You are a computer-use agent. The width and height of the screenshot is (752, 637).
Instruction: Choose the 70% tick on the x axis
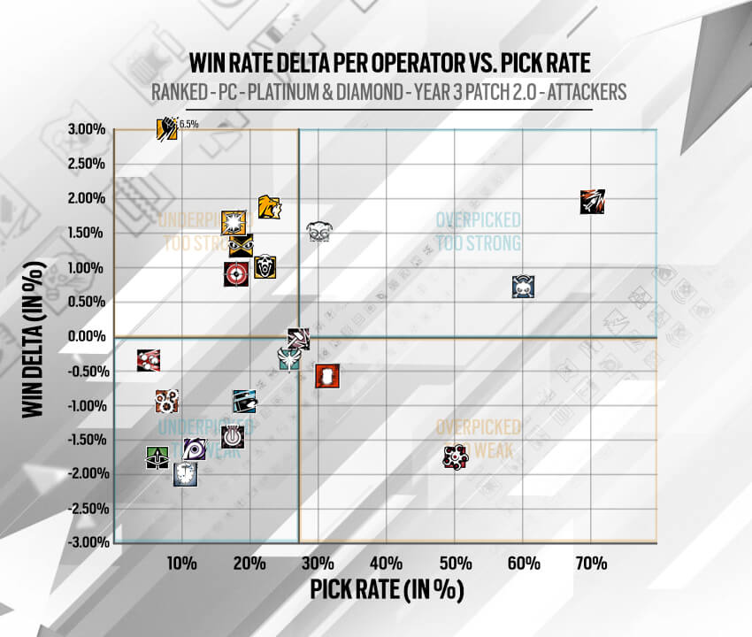pyautogui.click(x=591, y=564)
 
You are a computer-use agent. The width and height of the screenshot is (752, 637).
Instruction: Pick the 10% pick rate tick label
pyautogui.click(x=181, y=564)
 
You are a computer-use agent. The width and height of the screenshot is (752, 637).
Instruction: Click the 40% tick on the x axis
pyautogui.click(x=387, y=564)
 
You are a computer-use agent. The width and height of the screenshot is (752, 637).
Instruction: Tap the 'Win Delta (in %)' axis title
pyautogui.click(x=34, y=337)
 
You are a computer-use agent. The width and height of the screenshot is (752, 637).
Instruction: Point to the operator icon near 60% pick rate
pyautogui.click(x=524, y=286)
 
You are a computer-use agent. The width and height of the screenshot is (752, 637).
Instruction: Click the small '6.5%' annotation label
pyautogui.click(x=188, y=125)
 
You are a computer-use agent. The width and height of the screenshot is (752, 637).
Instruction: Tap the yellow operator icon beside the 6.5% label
pyautogui.click(x=166, y=129)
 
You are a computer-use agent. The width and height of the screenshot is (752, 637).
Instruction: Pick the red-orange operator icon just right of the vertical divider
pyautogui.click(x=327, y=376)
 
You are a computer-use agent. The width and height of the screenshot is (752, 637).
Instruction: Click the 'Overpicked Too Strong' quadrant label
pyautogui.click(x=478, y=232)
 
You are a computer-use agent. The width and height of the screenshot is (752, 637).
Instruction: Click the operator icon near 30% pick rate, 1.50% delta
pyautogui.click(x=319, y=231)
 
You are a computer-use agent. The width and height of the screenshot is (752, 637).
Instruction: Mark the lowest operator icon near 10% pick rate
pyautogui.click(x=184, y=474)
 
